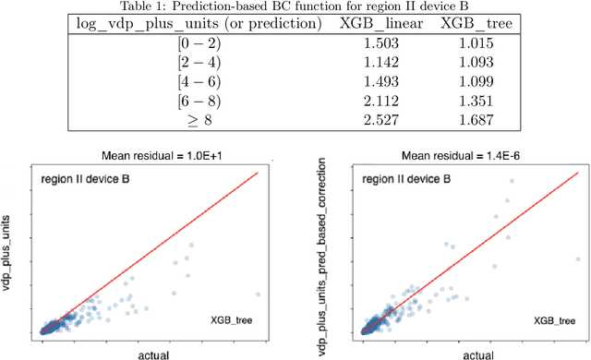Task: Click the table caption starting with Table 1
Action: (x=295, y=7)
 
